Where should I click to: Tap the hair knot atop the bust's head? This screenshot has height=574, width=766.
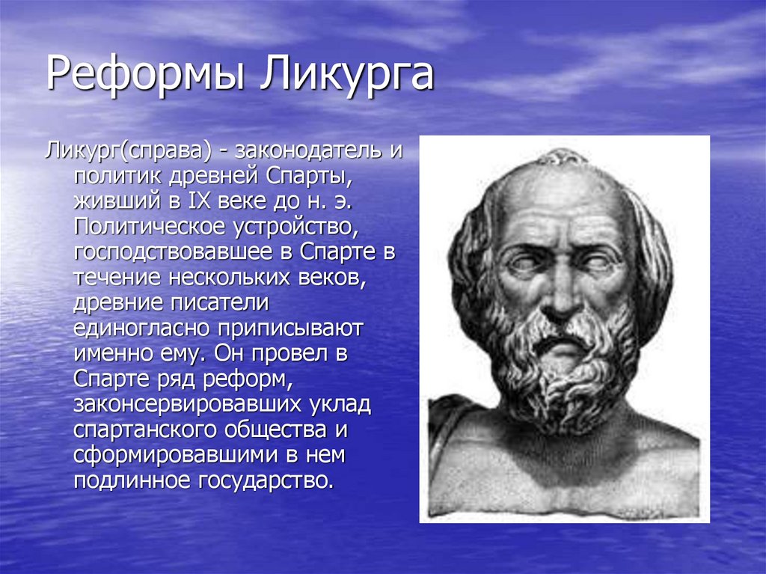(563, 157)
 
